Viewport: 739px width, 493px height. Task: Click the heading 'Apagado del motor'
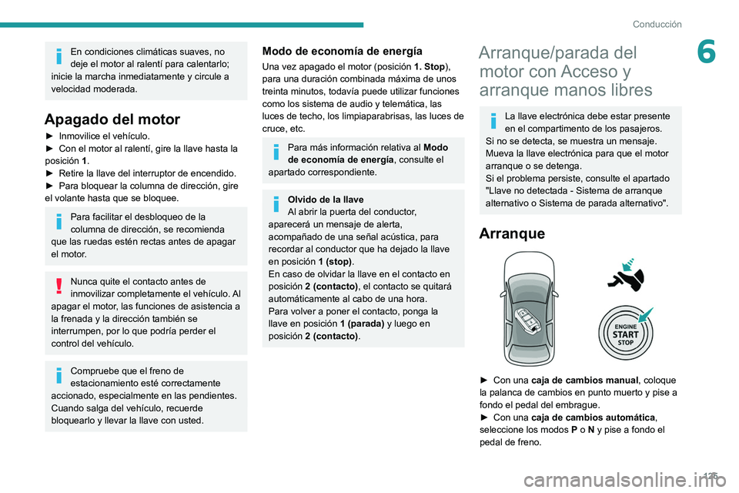coord(112,119)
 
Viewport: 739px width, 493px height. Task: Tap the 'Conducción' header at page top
coord(657,24)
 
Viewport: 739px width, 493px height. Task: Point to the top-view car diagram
coord(529,308)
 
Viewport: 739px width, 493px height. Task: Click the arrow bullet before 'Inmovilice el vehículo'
coord(50,136)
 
